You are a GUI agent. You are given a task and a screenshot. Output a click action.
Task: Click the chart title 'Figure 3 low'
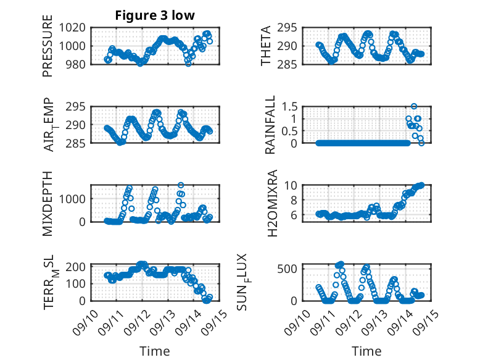click(155, 15)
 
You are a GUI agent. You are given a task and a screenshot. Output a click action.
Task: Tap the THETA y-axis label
click(266, 46)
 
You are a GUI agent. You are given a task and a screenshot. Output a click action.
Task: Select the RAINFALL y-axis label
click(270, 125)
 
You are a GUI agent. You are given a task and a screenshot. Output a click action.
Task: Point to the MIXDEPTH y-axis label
click(48, 204)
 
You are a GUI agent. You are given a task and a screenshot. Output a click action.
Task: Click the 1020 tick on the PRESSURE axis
click(74, 27)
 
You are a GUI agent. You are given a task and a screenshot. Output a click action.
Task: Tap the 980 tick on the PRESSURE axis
click(77, 64)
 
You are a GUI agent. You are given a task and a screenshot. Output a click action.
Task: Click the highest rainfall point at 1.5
click(414, 106)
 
